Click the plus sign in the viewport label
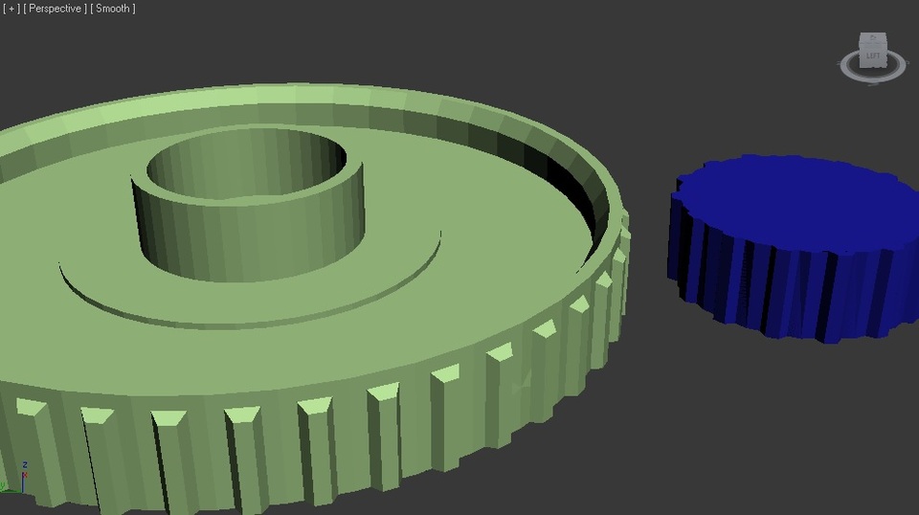11,9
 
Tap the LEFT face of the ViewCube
873,56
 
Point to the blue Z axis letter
25,465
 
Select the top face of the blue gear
795,196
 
